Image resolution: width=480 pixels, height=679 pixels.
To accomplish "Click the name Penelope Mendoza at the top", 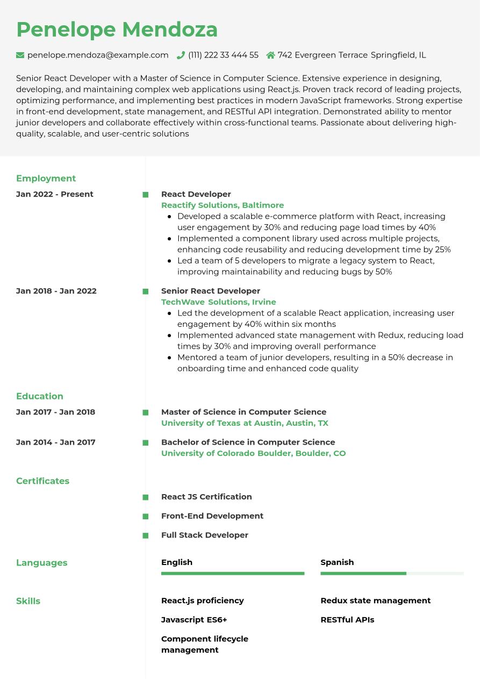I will (x=117, y=30).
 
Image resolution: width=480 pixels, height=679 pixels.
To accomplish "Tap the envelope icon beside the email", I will (x=20, y=55).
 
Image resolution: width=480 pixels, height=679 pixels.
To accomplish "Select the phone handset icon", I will (x=181, y=55).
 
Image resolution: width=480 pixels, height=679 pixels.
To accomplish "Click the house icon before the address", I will (x=270, y=55).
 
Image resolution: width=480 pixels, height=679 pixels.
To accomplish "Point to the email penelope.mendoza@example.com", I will (x=98, y=55).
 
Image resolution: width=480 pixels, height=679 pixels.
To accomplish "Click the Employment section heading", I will (x=46, y=178).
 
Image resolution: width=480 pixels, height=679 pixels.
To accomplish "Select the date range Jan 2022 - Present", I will (x=55, y=194).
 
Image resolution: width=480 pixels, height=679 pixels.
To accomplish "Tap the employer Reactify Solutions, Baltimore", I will (x=223, y=205).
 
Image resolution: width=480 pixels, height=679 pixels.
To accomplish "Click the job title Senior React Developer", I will (x=211, y=291).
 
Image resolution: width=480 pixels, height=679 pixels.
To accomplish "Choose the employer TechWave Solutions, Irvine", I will (x=219, y=302).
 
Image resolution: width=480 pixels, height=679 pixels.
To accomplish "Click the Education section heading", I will (x=40, y=396).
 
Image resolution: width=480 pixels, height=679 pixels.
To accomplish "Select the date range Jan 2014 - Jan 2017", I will (x=56, y=442).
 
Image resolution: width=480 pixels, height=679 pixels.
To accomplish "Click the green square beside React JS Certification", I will (x=146, y=497).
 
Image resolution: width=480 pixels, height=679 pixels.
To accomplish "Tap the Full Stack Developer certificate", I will (x=205, y=535).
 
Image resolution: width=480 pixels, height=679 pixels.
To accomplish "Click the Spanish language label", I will (x=337, y=562).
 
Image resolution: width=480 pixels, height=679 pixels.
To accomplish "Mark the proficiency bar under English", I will (x=233, y=574).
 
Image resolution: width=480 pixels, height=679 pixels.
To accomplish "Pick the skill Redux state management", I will (x=375, y=601).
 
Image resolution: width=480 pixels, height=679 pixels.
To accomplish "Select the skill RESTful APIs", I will (x=347, y=619).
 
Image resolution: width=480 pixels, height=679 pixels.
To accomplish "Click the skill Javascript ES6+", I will (x=194, y=619).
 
